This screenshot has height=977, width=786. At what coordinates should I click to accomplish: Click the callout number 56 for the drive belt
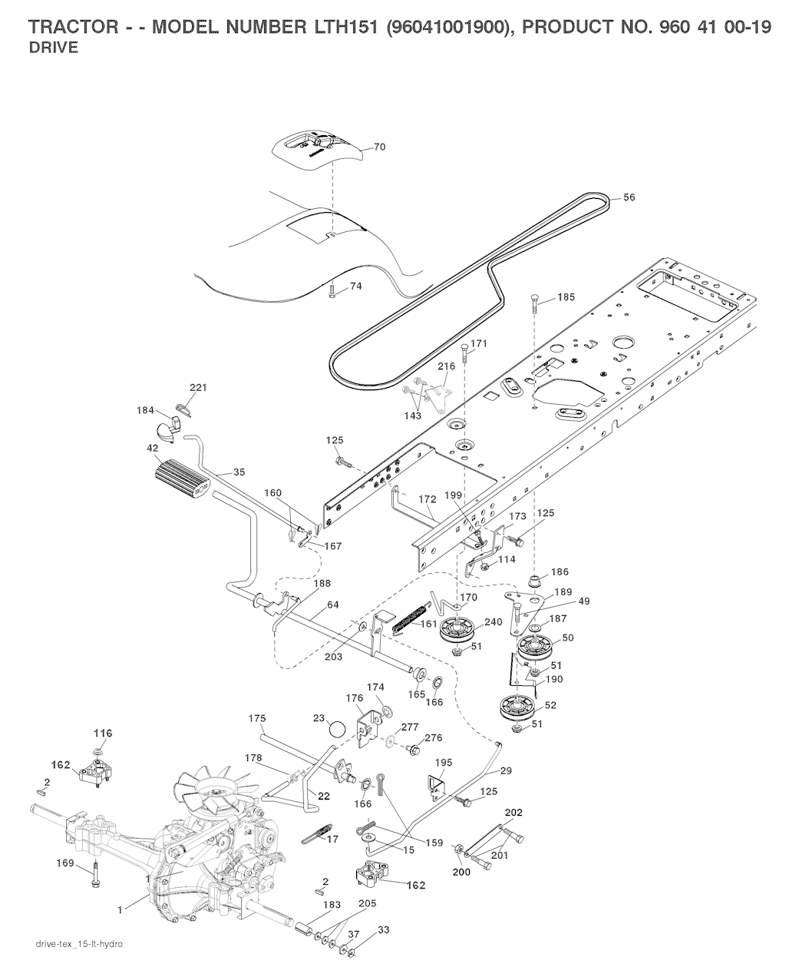tap(629, 197)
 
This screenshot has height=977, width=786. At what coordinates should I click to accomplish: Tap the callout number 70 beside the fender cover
tap(380, 147)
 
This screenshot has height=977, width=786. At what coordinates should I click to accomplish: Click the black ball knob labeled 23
tap(337, 727)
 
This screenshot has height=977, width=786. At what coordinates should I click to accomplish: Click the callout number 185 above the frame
tap(565, 296)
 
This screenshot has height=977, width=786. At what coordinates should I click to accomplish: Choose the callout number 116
tap(103, 734)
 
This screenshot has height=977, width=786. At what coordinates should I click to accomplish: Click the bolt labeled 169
tap(95, 876)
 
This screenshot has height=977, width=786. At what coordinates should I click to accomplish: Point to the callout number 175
tap(257, 718)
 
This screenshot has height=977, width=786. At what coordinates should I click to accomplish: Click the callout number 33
tap(384, 929)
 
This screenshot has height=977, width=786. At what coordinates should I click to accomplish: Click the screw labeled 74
tap(332, 292)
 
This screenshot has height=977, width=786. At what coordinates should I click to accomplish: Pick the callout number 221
tap(198, 388)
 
